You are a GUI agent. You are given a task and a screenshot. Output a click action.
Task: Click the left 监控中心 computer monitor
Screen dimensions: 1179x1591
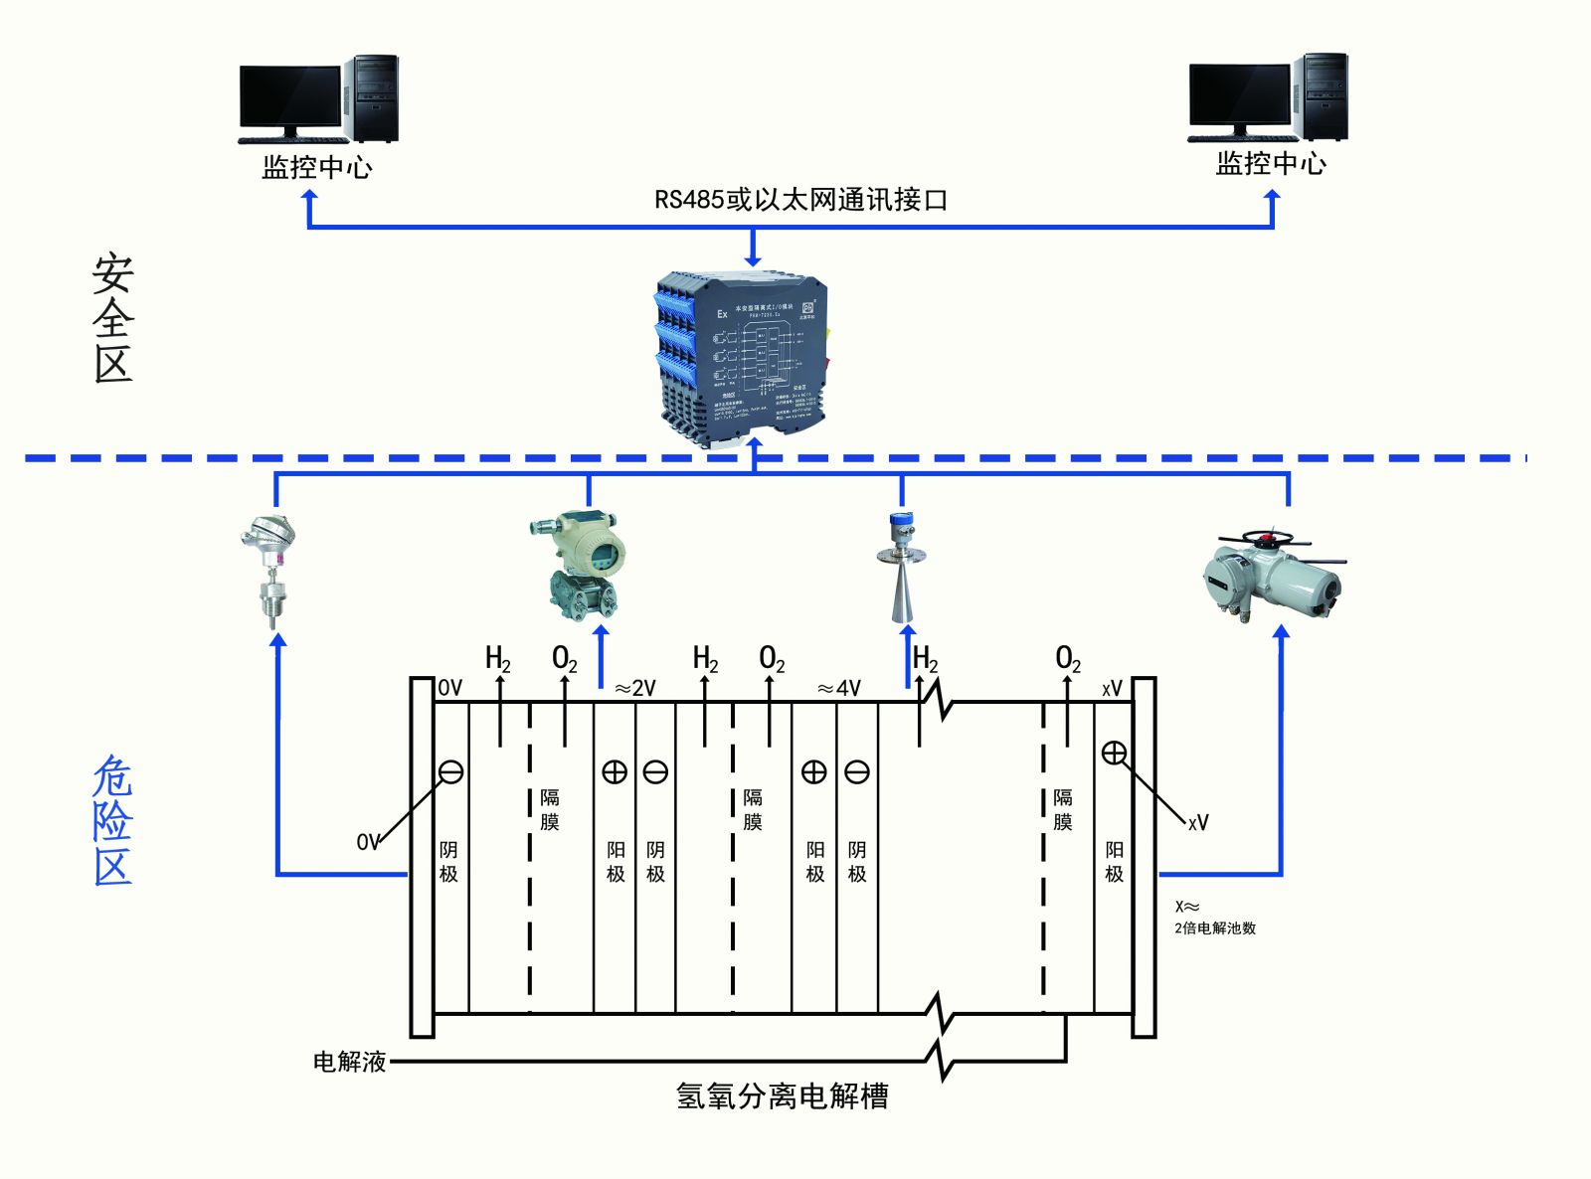290,99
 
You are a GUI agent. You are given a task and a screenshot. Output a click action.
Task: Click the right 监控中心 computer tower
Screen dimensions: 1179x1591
1326,96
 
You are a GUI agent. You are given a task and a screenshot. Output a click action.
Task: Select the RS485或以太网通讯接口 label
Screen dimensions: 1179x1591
800,200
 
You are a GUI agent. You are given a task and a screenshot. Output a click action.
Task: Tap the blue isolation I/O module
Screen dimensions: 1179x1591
742,353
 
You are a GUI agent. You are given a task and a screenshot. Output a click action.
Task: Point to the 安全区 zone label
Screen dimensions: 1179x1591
113,318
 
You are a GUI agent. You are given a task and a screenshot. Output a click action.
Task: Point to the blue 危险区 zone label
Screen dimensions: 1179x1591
112,820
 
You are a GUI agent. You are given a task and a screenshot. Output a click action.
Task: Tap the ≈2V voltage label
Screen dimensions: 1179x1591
634,688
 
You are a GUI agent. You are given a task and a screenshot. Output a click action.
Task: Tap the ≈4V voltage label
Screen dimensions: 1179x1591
838,688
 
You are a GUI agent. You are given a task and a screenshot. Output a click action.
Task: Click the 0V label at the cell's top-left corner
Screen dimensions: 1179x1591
449,688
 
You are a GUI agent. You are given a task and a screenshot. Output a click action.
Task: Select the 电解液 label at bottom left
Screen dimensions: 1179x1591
349,1062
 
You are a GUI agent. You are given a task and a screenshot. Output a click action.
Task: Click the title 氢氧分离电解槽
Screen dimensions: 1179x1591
782,1095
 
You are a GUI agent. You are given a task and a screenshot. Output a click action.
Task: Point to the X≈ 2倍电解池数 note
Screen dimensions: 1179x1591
1214,918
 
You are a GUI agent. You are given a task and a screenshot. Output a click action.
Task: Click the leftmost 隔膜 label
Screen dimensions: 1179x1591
550,809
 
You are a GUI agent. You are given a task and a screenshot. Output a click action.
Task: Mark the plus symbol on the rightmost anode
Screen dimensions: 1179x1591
1114,753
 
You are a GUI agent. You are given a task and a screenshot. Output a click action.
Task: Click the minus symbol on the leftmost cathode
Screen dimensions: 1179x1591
450,771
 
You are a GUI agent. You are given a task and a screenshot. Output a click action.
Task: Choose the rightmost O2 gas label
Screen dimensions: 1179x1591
1067,658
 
